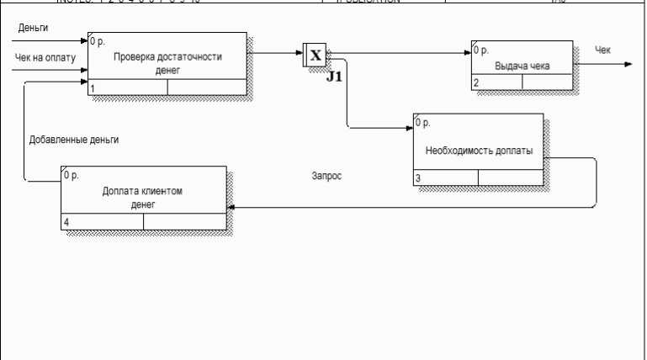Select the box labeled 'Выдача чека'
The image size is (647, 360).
coord(522,65)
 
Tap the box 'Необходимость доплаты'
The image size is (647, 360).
coord(478,149)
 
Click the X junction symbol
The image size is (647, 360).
coord(315,56)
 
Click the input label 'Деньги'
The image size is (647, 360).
coord(33,29)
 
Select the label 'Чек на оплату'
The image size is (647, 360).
coord(45,58)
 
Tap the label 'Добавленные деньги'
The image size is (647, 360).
coord(73,140)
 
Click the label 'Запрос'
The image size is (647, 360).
coord(326,177)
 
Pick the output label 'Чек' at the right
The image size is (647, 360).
coord(602,50)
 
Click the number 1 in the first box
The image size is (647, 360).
coord(93,87)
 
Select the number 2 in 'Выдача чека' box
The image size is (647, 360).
coord(476,82)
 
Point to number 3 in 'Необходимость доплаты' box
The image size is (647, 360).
coord(418,177)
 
